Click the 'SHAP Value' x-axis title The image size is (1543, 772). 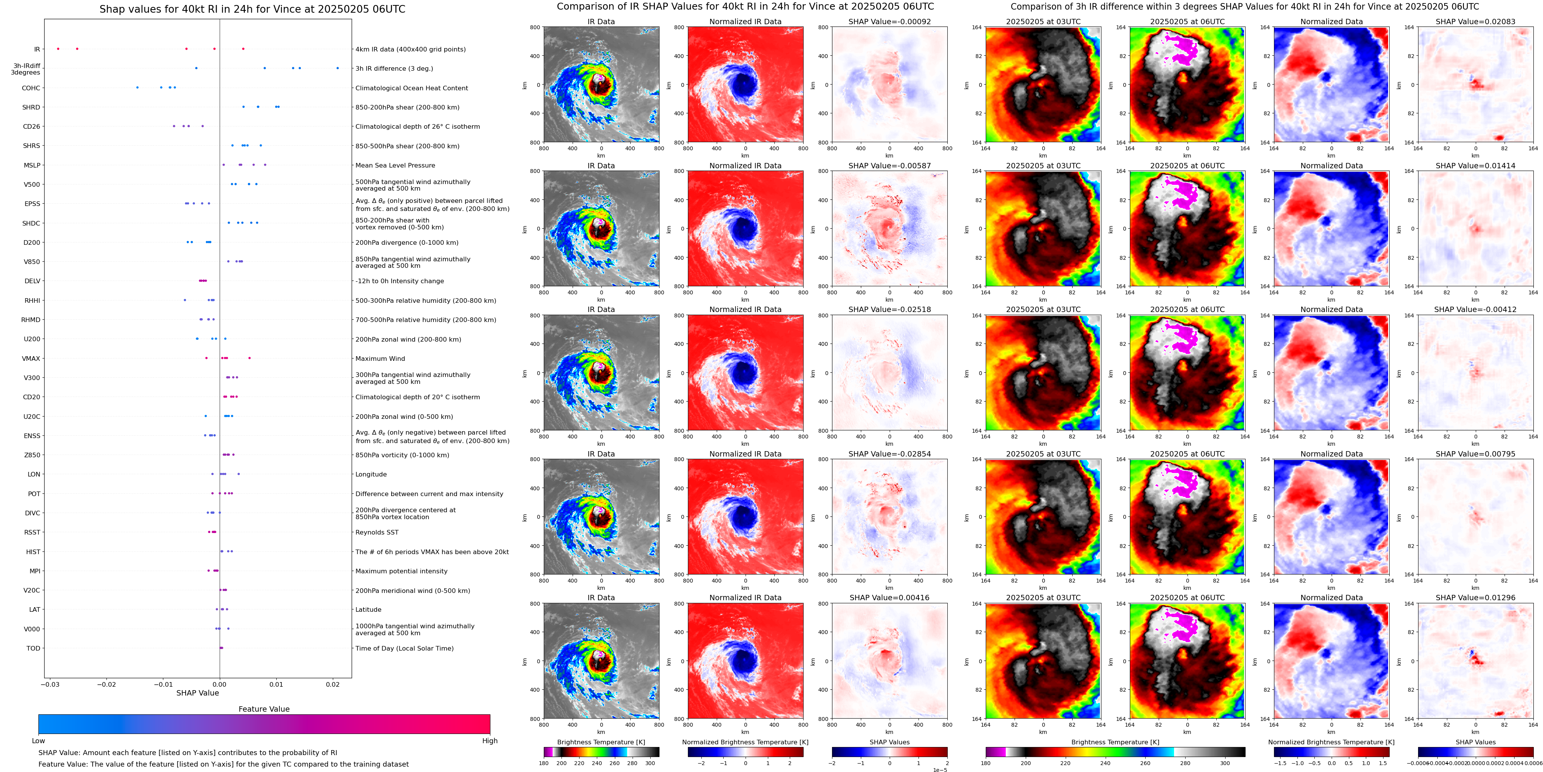pyautogui.click(x=197, y=693)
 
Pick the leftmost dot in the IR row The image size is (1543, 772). pyautogui.click(x=58, y=48)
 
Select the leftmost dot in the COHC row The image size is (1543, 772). pyautogui.click(x=137, y=88)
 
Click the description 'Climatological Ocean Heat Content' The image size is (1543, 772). pyautogui.click(x=412, y=88)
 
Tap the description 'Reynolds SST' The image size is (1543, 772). pyautogui.click(x=377, y=533)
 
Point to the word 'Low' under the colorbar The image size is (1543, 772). pyautogui.click(x=38, y=741)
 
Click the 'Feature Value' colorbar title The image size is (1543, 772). pyautogui.click(x=264, y=709)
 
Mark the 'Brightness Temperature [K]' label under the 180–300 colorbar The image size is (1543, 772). pyautogui.click(x=601, y=742)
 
